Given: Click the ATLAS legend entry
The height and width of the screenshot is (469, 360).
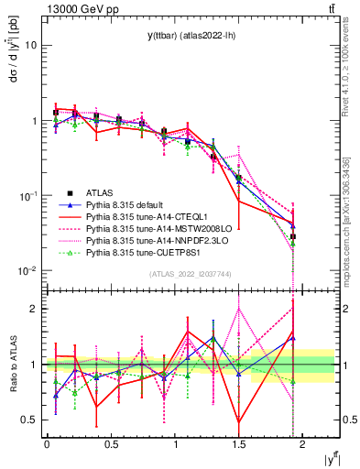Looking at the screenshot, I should click(x=101, y=192).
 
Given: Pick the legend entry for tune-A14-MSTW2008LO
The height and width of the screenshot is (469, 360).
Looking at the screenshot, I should click(x=152, y=228).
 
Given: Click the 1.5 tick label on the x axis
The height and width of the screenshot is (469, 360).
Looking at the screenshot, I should click(x=238, y=442).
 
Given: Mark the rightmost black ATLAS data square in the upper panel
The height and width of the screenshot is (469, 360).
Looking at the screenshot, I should click(x=292, y=236).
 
